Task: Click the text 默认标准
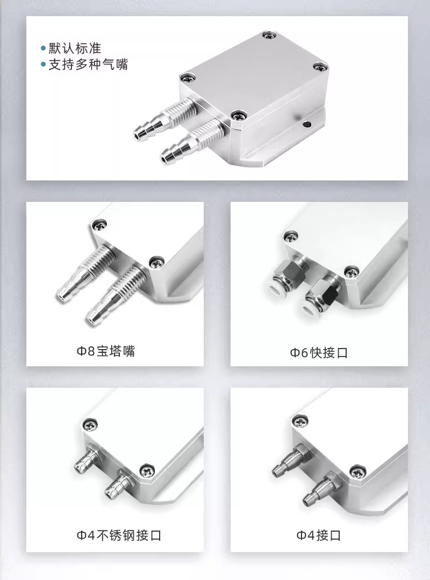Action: click(x=75, y=48)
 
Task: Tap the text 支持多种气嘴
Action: click(x=88, y=65)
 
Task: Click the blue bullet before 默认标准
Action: click(x=44, y=48)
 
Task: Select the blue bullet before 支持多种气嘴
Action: click(x=44, y=65)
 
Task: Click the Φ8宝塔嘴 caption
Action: click(x=106, y=351)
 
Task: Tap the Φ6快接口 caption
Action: click(x=319, y=353)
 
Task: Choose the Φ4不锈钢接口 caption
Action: click(x=119, y=535)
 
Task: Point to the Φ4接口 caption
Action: click(x=319, y=535)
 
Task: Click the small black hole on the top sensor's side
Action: click(x=306, y=124)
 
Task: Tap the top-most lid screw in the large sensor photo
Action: click(x=269, y=35)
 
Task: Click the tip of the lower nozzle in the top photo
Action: click(x=164, y=159)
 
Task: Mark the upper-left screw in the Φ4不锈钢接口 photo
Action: click(x=90, y=425)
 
